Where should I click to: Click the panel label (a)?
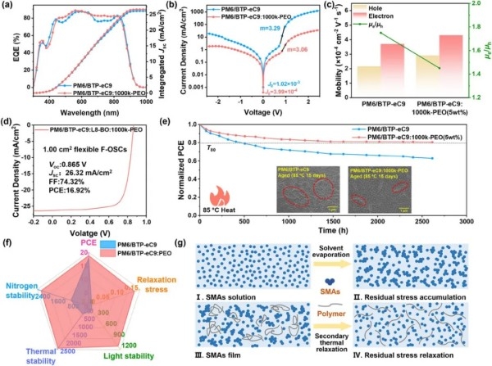point(8,6)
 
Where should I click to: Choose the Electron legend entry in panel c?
point(389,18)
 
